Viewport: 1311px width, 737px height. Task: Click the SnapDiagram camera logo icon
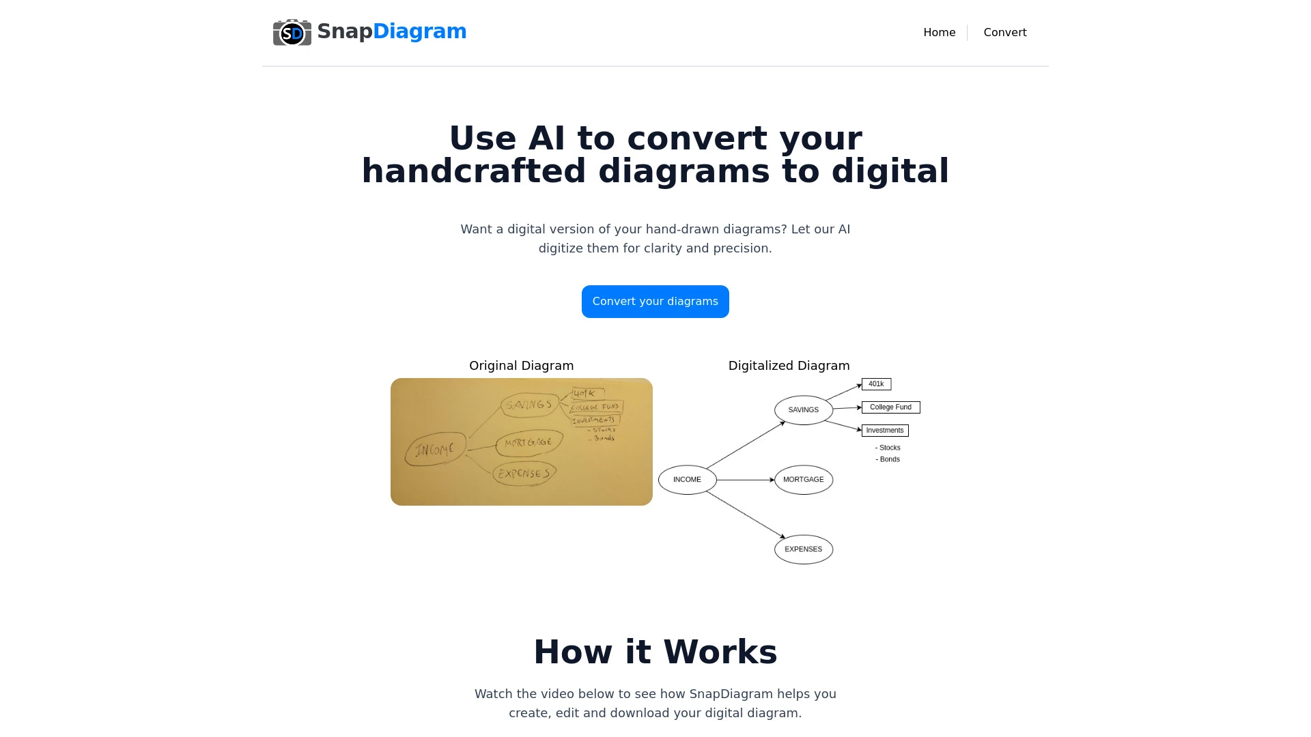[292, 32]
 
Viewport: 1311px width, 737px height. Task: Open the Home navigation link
[939, 33]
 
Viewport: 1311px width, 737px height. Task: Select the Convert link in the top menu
[1004, 33]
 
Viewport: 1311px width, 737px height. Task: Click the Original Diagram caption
[521, 366]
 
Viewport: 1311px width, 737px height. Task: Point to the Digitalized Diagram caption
[789, 366]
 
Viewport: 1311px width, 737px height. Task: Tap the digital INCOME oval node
[687, 480]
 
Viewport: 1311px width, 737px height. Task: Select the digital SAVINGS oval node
[803, 410]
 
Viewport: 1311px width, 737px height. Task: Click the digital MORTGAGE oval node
[803, 480]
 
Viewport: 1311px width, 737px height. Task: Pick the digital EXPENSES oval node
[803, 549]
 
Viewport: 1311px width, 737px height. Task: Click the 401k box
[876, 384]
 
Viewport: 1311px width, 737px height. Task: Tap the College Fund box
[890, 407]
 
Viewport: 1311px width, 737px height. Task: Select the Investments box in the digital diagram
[885, 431]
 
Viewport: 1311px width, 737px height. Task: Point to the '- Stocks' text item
[888, 448]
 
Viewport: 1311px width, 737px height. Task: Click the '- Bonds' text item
[888, 459]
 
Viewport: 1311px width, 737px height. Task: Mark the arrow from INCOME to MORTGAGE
[745, 480]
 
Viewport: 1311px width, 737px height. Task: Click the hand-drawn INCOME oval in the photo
[435, 450]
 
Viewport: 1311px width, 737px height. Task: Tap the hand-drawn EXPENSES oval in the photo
[524, 473]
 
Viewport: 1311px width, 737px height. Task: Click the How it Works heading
[655, 652]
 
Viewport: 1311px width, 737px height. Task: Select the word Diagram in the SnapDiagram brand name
[419, 31]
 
